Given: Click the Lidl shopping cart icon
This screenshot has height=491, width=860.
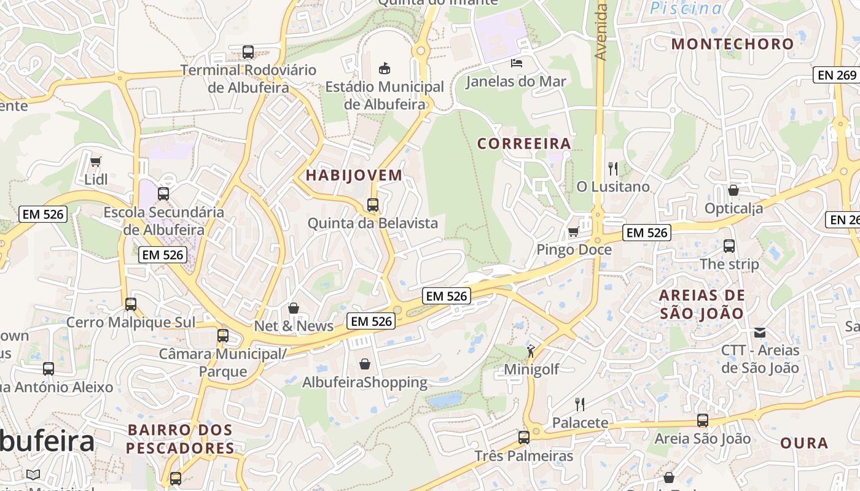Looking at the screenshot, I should pyautogui.click(x=95, y=162).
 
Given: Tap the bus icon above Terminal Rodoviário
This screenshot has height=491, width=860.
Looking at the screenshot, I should pyautogui.click(x=248, y=52).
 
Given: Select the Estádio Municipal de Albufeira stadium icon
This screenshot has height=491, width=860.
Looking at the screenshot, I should pyautogui.click(x=385, y=68).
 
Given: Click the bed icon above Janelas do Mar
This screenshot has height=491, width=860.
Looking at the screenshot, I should pyautogui.click(x=517, y=63).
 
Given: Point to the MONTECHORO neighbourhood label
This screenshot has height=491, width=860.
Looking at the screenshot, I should pyautogui.click(x=733, y=44).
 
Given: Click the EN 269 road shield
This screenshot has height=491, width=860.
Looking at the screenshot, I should pyautogui.click(x=837, y=75).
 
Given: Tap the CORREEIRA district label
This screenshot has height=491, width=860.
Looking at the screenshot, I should pyautogui.click(x=524, y=144).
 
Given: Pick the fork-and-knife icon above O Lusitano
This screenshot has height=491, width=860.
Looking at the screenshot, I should pyautogui.click(x=612, y=168).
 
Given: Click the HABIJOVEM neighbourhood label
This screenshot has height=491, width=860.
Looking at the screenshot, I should pyautogui.click(x=354, y=176).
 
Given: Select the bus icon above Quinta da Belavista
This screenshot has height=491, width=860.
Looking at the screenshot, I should pyautogui.click(x=373, y=205).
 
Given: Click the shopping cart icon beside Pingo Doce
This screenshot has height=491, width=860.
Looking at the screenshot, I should pyautogui.click(x=573, y=231).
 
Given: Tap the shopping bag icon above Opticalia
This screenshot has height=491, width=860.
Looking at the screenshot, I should pyautogui.click(x=733, y=190).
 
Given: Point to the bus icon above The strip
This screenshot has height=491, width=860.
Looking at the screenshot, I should pyautogui.click(x=729, y=246).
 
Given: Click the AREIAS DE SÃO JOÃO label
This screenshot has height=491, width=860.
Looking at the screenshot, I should pyautogui.click(x=702, y=304).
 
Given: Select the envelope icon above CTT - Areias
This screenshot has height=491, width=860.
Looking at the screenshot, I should pyautogui.click(x=760, y=333).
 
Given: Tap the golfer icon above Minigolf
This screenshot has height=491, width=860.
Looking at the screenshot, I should pyautogui.click(x=531, y=351).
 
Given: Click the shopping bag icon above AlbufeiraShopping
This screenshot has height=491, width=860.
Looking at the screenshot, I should pyautogui.click(x=365, y=365).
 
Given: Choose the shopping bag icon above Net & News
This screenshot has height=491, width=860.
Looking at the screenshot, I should pyautogui.click(x=294, y=308).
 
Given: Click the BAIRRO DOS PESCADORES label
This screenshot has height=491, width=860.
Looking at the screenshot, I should pyautogui.click(x=181, y=439).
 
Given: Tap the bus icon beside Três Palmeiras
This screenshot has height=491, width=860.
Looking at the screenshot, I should pyautogui.click(x=523, y=438).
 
